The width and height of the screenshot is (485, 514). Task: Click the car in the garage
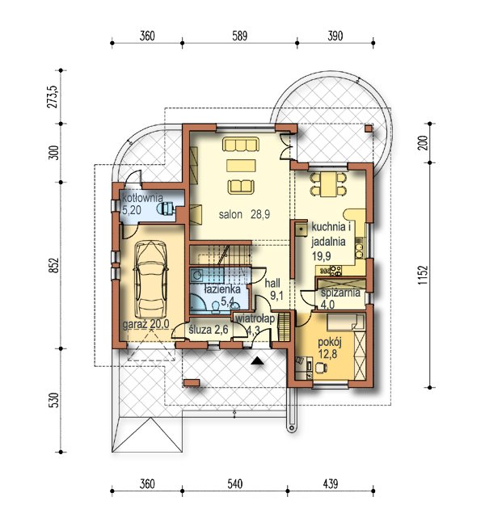tap(151, 280)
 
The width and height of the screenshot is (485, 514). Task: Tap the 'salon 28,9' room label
tap(244, 214)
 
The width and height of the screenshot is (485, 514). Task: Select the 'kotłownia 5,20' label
tap(142, 204)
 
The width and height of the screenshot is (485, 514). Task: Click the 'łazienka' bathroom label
tap(222, 289)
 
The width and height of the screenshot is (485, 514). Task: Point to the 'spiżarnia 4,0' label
tap(340, 298)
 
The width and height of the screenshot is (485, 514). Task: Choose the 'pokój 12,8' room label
tap(330, 348)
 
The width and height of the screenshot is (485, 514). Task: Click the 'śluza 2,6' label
tap(209, 329)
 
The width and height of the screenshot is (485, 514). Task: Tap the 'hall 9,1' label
tap(274, 289)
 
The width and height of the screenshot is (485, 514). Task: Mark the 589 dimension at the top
tap(239, 36)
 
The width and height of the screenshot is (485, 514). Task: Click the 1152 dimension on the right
tap(423, 275)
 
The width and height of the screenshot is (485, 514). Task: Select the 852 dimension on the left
tap(54, 265)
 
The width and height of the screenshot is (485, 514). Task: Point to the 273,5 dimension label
tap(53, 97)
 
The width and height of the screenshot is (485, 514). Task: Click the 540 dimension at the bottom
tap(234, 484)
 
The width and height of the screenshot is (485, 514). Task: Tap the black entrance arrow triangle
tap(258, 360)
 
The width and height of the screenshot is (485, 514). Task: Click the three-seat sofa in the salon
tap(241, 144)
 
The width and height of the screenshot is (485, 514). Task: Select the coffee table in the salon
tap(241, 165)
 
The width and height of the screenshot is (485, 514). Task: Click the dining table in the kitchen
tap(328, 184)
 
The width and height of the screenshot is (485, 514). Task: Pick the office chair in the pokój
tap(321, 368)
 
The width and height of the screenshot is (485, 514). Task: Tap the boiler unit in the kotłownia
tap(166, 209)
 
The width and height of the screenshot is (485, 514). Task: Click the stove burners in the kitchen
tap(335, 271)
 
